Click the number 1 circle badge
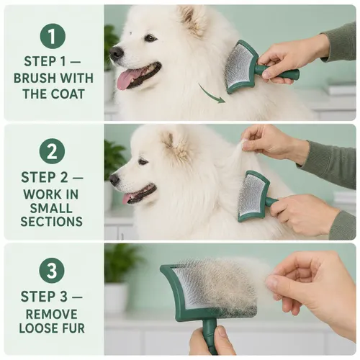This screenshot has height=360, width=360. click(x=53, y=36)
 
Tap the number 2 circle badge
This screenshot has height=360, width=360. click(x=52, y=151)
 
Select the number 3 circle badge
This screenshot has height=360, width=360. click(x=52, y=270)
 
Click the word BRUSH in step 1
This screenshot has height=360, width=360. click(x=33, y=78)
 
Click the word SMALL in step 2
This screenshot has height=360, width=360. click(x=51, y=208)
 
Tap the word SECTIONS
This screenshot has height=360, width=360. click(x=52, y=221)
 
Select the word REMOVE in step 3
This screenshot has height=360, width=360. click(x=52, y=314)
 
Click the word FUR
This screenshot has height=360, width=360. click(x=73, y=328)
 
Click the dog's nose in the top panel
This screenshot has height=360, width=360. click(x=117, y=53)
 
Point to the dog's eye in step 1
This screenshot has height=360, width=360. click(x=150, y=37)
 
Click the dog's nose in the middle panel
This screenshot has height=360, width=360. click(x=114, y=179)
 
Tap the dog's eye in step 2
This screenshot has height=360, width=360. click(x=143, y=161)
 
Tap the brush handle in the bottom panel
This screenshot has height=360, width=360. click(x=208, y=336)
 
